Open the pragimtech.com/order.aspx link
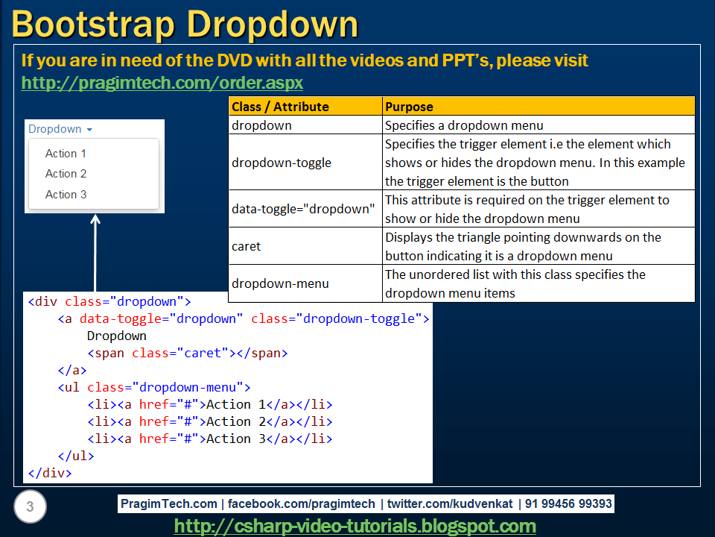click(162, 82)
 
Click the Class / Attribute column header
click(280, 107)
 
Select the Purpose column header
click(409, 107)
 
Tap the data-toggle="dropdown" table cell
click(303, 209)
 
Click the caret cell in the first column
click(247, 246)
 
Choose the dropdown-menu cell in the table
click(280, 283)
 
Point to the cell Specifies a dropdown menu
click(464, 125)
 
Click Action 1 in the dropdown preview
click(66, 154)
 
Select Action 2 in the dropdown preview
click(66, 174)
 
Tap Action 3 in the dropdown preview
click(66, 195)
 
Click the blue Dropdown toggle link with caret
click(60, 129)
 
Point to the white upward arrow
click(95, 254)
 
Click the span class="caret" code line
click(187, 353)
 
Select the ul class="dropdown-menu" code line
click(153, 387)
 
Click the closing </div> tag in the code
click(50, 473)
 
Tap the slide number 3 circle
click(30, 508)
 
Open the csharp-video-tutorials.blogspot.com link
click(355, 527)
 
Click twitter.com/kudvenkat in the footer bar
click(449, 504)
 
